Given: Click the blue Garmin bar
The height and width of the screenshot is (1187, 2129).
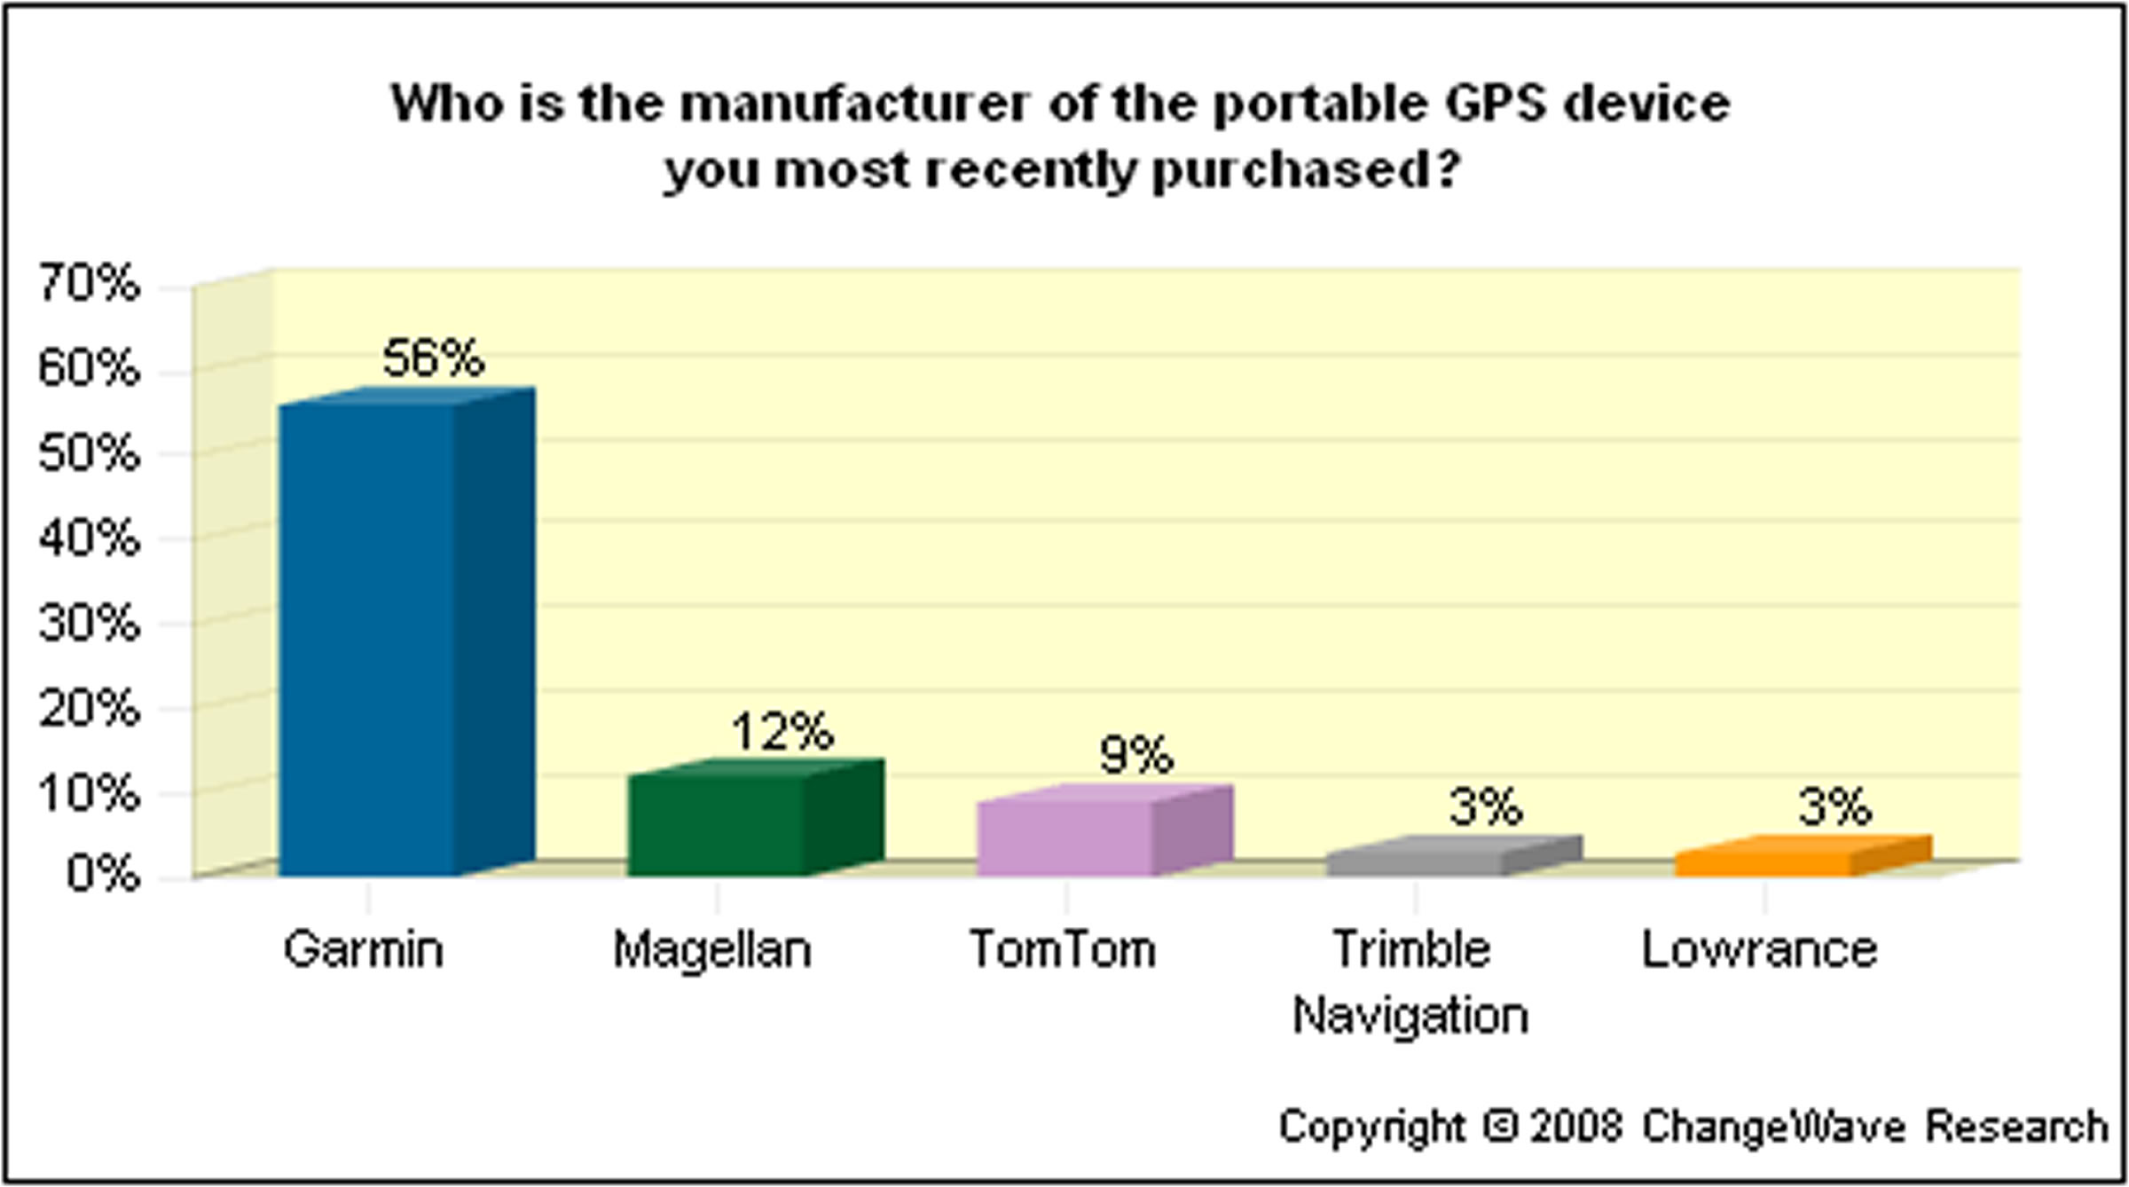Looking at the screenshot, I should click(x=368, y=639).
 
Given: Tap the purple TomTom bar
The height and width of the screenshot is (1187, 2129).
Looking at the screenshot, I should click(x=1064, y=838).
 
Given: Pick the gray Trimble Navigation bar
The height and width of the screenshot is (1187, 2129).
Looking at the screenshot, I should click(x=1416, y=862).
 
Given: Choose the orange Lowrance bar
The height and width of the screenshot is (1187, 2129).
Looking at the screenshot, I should click(x=1764, y=862).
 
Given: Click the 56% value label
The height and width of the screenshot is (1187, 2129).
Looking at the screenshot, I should click(x=433, y=358).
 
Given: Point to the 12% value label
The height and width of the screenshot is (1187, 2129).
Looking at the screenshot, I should click(x=782, y=732).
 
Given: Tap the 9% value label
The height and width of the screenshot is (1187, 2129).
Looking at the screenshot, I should click(x=1135, y=756).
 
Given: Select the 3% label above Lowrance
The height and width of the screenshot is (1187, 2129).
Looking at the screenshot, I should click(x=1834, y=807).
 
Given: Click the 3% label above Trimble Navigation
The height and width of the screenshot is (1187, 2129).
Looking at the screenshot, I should click(x=1486, y=807).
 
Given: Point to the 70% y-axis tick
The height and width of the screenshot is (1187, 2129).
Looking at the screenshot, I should click(x=89, y=284).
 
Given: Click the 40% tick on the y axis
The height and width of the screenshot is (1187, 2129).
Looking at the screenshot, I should click(x=89, y=538).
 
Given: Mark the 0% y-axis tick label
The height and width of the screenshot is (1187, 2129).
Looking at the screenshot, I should click(x=103, y=874).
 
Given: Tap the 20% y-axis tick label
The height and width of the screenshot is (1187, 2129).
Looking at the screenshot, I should click(x=89, y=708).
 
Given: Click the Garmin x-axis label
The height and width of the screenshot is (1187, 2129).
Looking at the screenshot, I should click(x=364, y=950).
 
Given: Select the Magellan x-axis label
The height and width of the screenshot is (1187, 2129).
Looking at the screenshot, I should click(x=712, y=950).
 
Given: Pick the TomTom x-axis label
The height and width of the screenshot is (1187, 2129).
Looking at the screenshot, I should click(x=1063, y=950).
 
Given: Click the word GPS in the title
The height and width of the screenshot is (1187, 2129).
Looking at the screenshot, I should click(x=1494, y=104).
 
